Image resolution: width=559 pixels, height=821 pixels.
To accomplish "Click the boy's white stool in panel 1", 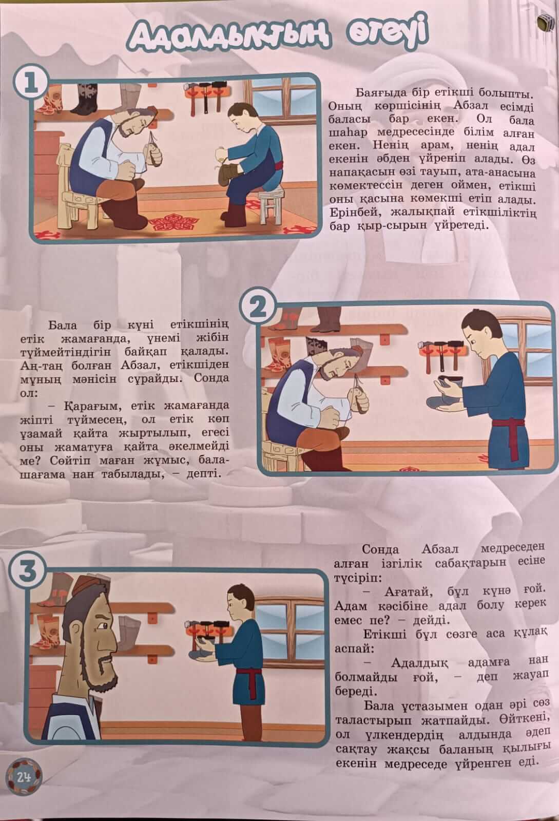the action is pyautogui.click(x=272, y=203).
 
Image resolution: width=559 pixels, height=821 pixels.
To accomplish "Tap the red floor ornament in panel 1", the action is pyautogui.click(x=174, y=222).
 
